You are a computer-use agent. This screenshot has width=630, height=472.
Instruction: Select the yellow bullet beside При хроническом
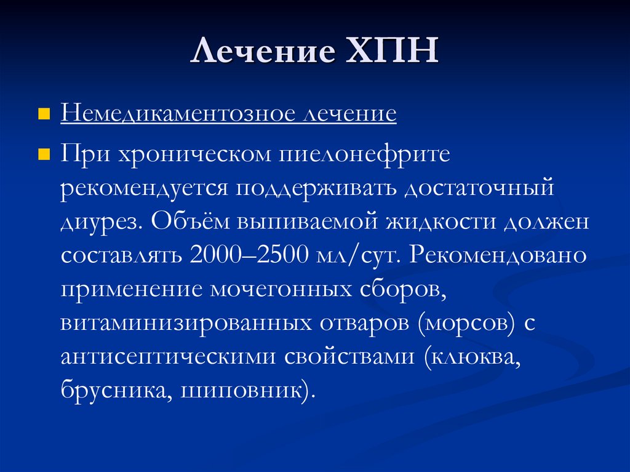pos(44,153)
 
